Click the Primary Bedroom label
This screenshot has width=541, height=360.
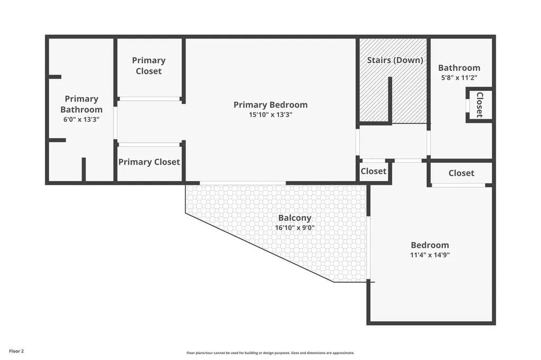(270, 105)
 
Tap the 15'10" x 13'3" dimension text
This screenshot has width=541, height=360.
(270, 115)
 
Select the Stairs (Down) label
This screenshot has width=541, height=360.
(395, 60)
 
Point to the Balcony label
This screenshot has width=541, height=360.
(295, 218)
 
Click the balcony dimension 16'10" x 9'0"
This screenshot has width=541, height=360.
(295, 228)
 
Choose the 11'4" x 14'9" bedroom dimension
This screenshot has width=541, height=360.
(430, 255)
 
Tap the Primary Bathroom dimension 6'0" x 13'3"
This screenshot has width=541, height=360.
(81, 120)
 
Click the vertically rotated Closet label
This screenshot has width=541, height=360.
(480, 105)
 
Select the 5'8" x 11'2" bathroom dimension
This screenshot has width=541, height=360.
(459, 78)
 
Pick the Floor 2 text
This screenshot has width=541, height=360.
(16, 351)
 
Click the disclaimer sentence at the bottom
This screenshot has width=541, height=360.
(270, 353)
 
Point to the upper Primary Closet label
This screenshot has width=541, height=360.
(148, 65)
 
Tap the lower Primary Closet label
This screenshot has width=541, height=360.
(149, 162)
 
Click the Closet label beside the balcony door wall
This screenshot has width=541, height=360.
(374, 171)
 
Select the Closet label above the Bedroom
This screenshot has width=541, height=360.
(461, 173)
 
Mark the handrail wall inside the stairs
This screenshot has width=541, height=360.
(390, 99)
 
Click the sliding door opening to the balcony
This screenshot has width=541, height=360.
(243, 183)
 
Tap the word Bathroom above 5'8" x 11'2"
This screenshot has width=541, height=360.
(459, 68)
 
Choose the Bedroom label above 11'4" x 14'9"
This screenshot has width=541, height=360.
(430, 245)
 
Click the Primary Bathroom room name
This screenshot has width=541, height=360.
(81, 104)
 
